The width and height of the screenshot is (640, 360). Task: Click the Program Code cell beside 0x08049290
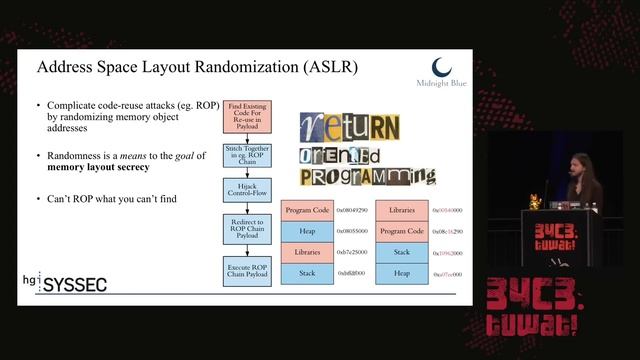pos(307,212)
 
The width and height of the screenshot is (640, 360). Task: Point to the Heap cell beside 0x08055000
pos(307,232)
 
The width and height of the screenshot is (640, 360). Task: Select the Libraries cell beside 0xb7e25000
pos(307,252)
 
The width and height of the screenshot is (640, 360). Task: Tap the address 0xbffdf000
pos(352,272)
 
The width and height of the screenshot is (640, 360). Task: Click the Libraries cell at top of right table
pos(402,212)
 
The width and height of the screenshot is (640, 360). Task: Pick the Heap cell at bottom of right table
pos(402,272)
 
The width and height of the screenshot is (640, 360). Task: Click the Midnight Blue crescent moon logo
pos(442,67)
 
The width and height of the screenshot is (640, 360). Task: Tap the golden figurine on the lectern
pos(535,203)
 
